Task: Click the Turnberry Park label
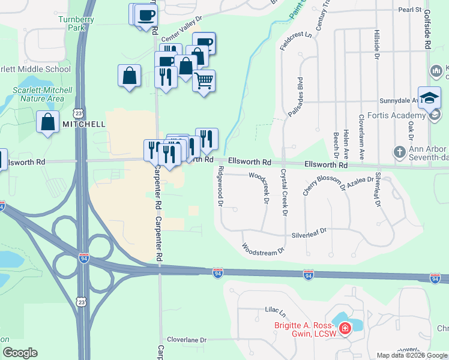(x=71, y=23)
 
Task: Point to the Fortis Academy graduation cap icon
(x=430, y=97)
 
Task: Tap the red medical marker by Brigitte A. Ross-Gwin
(x=345, y=328)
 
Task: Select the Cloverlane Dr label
(x=187, y=340)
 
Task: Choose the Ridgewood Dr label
(x=220, y=187)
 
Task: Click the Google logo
(x=20, y=353)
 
